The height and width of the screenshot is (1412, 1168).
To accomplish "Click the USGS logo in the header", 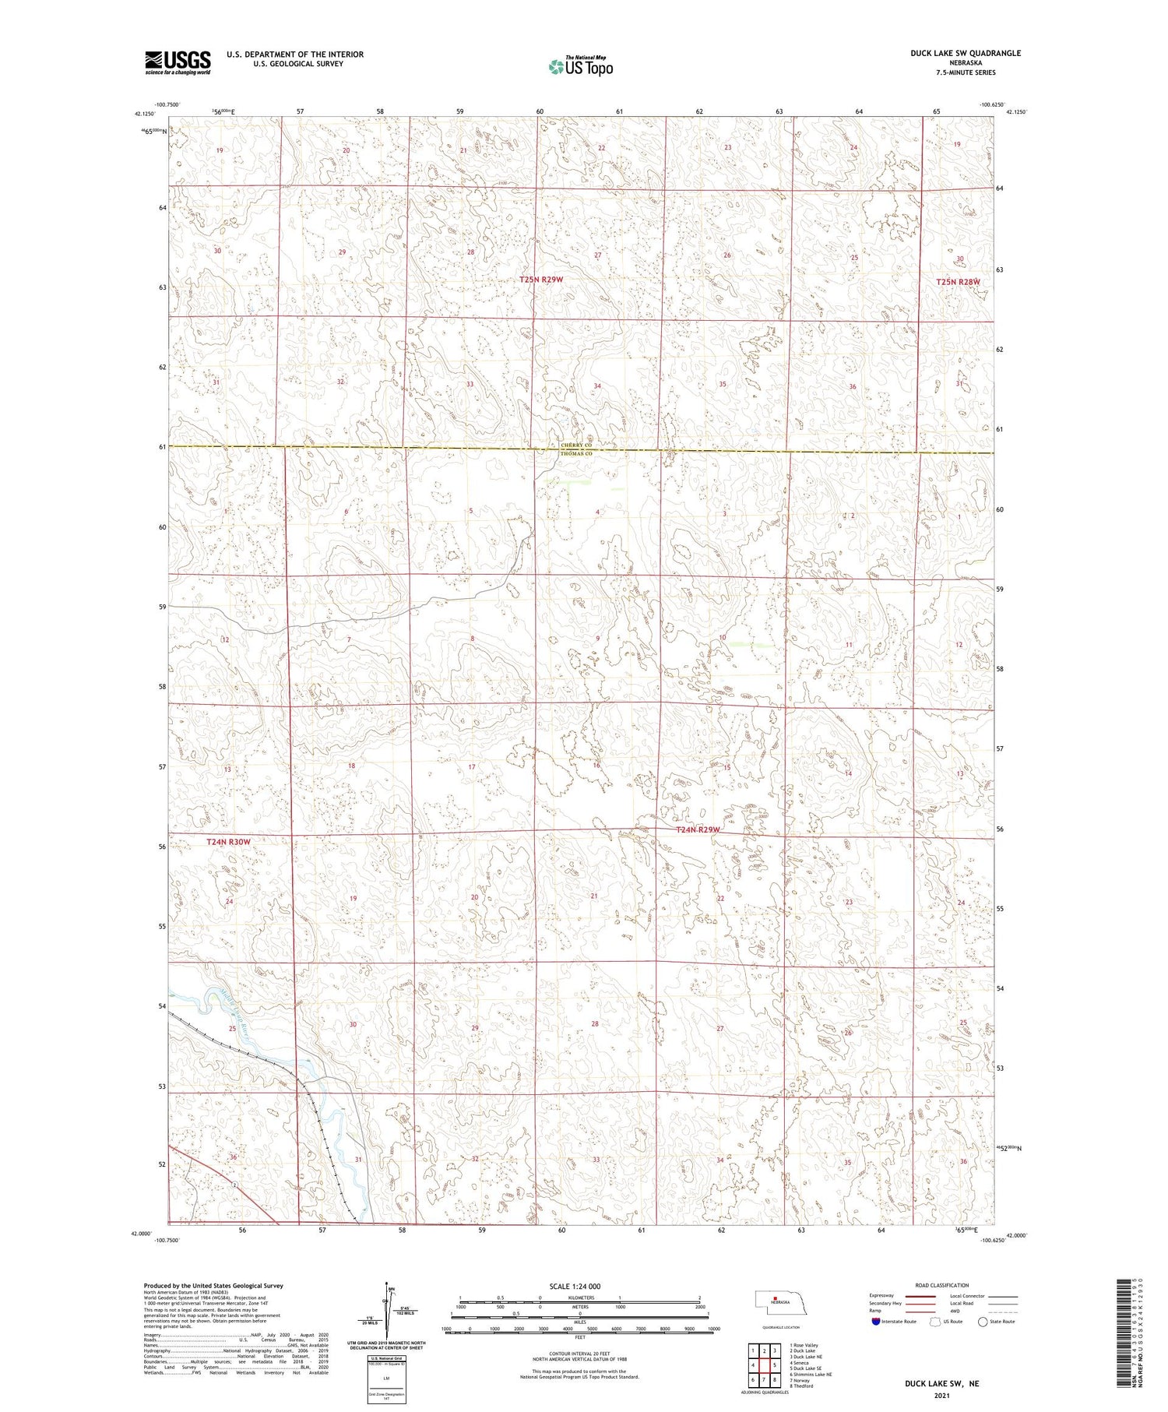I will click(178, 62).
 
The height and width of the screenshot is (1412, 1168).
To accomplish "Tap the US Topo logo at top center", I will click(581, 67).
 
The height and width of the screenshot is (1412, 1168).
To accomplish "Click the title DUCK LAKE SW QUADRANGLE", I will click(966, 53).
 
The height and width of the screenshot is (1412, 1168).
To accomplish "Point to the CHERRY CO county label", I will click(577, 446).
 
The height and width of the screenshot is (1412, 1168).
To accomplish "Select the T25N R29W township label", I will click(541, 279).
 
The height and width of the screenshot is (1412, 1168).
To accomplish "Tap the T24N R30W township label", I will click(229, 842).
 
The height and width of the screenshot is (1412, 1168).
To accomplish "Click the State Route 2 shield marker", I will click(234, 1185).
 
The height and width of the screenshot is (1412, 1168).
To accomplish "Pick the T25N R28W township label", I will click(958, 282).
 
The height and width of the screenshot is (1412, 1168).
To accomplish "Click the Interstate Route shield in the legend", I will click(877, 1322).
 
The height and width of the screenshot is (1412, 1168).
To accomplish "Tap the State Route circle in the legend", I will click(983, 1322).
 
